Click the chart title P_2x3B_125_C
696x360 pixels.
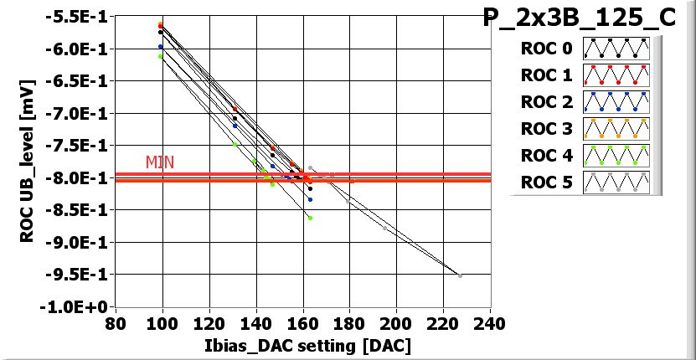click(x=580, y=18)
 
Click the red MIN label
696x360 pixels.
click(x=160, y=162)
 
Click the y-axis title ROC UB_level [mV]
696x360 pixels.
click(x=28, y=159)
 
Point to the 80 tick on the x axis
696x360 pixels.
click(x=116, y=323)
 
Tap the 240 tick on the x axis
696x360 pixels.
click(x=489, y=323)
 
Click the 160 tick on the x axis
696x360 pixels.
click(x=302, y=323)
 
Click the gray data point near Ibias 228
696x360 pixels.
click(x=460, y=275)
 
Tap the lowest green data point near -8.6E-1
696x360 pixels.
click(x=310, y=218)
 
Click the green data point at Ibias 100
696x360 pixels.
click(x=161, y=56)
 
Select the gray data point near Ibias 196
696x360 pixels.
click(x=385, y=228)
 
